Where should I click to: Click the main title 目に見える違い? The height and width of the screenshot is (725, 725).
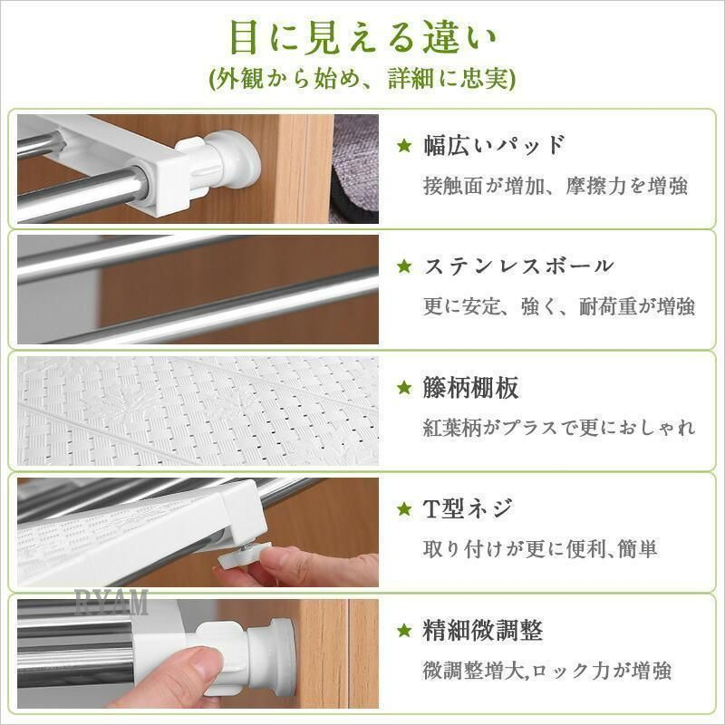tap(362, 38)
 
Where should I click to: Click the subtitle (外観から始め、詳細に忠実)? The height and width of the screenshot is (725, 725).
tap(362, 79)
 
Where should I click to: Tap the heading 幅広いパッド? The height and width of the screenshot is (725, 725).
tap(494, 145)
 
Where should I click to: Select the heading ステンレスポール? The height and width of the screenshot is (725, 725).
tap(518, 266)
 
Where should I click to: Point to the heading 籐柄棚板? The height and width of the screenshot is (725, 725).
tap(470, 388)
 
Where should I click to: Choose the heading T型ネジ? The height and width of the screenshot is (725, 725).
tap(468, 508)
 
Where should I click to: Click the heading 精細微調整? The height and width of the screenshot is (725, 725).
tap(483, 630)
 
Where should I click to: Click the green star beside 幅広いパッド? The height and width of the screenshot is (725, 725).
tap(404, 146)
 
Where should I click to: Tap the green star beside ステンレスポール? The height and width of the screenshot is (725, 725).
tap(404, 266)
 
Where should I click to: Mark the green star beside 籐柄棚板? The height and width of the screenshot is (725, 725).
tap(404, 388)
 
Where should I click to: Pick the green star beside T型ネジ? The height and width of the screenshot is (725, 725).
tap(404, 509)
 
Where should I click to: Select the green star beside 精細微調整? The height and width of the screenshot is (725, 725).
tap(404, 630)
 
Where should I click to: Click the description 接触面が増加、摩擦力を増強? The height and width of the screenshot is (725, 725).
tap(556, 186)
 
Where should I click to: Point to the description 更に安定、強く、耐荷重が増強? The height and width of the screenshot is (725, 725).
tap(559, 306)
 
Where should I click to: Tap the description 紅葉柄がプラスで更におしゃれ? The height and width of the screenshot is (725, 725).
tap(559, 428)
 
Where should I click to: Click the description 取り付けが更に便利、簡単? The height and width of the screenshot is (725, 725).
tap(540, 549)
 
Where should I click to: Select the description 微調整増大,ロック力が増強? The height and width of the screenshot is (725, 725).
tap(547, 671)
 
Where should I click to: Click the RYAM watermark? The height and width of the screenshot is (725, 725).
tap(111, 602)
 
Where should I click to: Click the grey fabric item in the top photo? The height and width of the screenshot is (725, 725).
tap(355, 169)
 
